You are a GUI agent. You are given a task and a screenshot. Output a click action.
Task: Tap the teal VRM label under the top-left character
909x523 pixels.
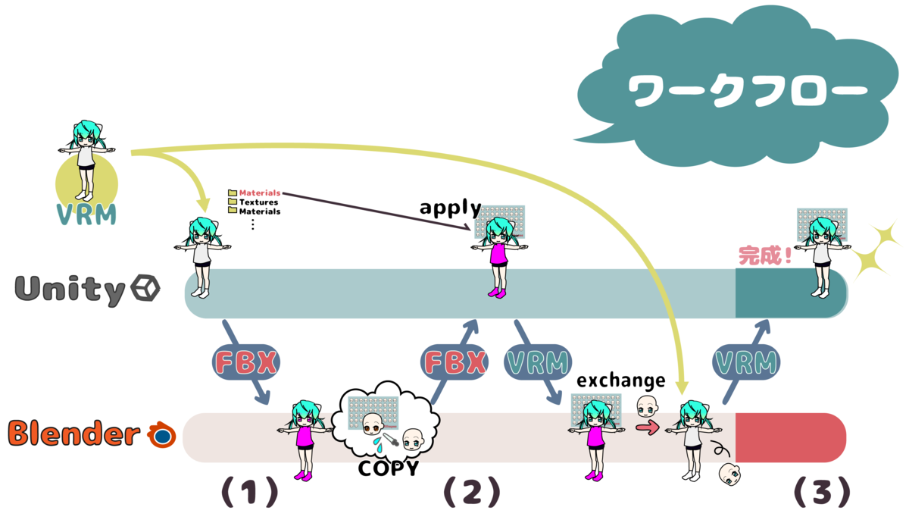(86, 214)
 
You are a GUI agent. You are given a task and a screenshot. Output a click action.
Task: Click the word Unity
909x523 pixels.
(70, 289)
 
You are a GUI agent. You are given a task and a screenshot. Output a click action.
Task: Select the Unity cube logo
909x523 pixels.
(145, 287)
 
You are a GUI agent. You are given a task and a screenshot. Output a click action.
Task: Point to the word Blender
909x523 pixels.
(74, 433)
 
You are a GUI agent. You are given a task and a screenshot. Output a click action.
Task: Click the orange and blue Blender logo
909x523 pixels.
(161, 434)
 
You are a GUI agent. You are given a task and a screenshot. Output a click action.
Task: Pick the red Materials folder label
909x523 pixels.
(260, 193)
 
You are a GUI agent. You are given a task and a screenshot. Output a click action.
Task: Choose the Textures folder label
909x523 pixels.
(258, 202)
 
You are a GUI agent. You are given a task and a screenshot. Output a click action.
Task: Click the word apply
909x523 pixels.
(451, 208)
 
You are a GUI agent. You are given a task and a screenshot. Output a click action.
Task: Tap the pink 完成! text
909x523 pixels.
(765, 255)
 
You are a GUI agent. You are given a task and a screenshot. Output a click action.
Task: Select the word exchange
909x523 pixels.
(621, 381)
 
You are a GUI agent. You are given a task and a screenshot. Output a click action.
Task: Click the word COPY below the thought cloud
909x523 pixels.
(389, 468)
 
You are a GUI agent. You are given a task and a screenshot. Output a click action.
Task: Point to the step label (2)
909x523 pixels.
(472, 492)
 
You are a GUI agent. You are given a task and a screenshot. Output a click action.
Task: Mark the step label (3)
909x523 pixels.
(822, 492)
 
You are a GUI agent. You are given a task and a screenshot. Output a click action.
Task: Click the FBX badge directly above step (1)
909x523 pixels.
(246, 362)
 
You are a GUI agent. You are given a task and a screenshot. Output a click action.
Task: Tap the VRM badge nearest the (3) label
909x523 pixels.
(746, 362)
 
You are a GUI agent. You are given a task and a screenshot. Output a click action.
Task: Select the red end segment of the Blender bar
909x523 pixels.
(791, 438)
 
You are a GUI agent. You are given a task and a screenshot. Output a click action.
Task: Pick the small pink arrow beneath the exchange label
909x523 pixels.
(648, 427)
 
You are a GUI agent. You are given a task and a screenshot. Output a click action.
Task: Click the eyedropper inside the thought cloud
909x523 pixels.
(390, 440)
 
